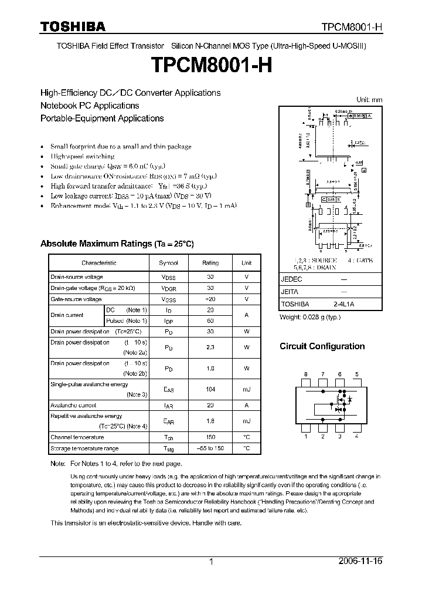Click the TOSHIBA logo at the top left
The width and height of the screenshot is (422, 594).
(x=73, y=27)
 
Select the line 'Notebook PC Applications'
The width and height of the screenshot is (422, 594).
(x=90, y=106)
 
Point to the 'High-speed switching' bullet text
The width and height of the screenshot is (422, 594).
(x=82, y=157)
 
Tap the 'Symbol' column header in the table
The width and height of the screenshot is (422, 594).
(x=168, y=263)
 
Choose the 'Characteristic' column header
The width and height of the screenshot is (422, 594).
(x=98, y=263)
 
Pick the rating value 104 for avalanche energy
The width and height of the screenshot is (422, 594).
(x=210, y=389)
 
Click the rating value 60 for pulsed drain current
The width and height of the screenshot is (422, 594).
(x=210, y=321)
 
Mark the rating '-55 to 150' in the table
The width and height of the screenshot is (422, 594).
(x=210, y=448)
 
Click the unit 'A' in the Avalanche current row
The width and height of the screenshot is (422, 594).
(x=247, y=405)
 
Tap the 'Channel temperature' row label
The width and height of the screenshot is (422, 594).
(x=77, y=437)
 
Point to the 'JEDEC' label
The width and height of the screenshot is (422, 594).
(x=291, y=280)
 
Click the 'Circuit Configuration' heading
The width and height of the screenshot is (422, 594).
(x=322, y=346)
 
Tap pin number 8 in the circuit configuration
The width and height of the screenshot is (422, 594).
(x=305, y=374)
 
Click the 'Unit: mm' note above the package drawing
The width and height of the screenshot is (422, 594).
(x=369, y=100)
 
